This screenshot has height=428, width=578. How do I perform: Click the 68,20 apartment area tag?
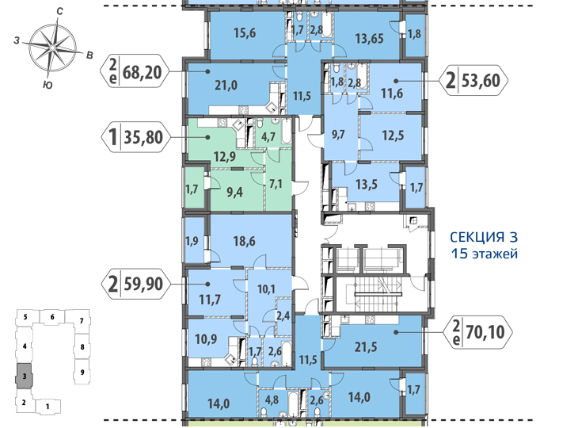pyautogui.click(x=135, y=71)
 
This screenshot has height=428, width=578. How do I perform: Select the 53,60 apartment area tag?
pyautogui.click(x=473, y=80)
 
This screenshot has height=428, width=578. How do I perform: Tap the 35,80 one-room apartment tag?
pyautogui.click(x=135, y=137)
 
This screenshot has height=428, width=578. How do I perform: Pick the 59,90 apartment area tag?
pyautogui.click(x=135, y=284)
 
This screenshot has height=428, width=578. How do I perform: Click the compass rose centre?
pyautogui.click(x=53, y=48)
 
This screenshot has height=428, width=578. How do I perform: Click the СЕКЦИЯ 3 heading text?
pyautogui.click(x=484, y=237)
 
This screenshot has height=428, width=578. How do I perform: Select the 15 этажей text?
pyautogui.click(x=485, y=254)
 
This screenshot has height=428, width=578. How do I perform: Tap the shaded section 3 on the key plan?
pyautogui.click(x=25, y=376)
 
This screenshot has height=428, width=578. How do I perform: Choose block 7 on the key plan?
pyautogui.click(x=82, y=321)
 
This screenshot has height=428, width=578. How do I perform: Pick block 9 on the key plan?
pyautogui.click(x=82, y=372)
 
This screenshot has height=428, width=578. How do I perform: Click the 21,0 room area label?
pyautogui.click(x=226, y=86)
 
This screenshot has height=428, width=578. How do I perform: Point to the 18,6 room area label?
pyautogui.click(x=244, y=241)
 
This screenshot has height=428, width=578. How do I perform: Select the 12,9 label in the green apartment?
pyautogui.click(x=225, y=157)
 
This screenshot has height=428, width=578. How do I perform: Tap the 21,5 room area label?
pyautogui.click(x=366, y=347)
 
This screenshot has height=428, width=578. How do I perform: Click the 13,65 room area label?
pyautogui.click(x=369, y=38)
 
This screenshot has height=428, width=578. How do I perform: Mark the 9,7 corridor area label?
pyautogui.click(x=337, y=134)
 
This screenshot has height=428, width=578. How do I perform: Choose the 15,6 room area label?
pyautogui.click(x=245, y=33)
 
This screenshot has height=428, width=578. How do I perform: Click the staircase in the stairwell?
pyautogui.click(x=378, y=293)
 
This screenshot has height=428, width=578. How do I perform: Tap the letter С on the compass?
pyautogui.click(x=59, y=11)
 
